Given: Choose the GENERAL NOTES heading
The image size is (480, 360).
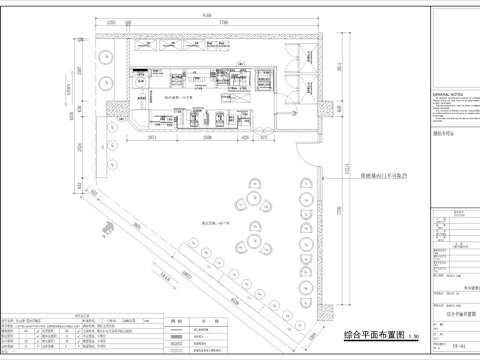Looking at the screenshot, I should click(448, 91).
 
